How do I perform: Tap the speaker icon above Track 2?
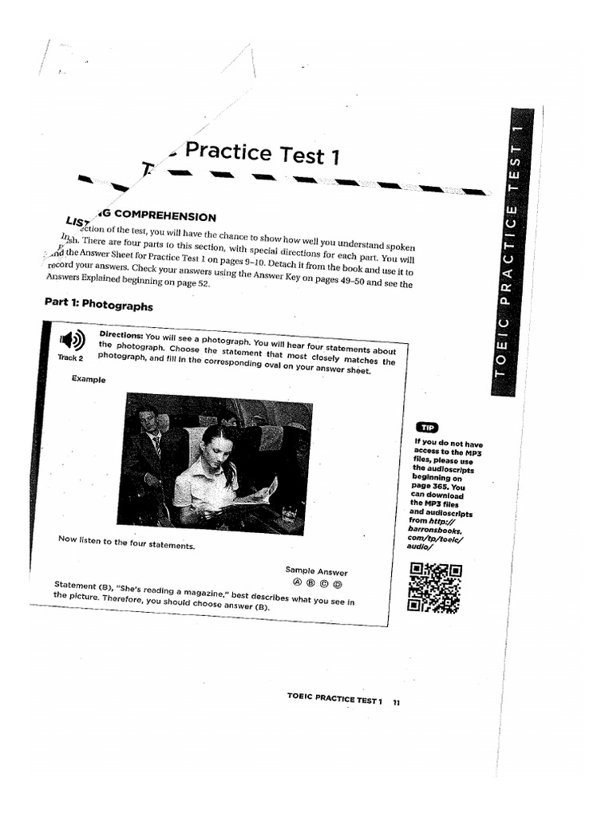72,339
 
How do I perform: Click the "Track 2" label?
70,357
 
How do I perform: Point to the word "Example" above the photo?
89,379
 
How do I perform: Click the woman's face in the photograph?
217,451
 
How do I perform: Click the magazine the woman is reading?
263,491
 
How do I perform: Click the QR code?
434,587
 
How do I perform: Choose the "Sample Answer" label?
316,571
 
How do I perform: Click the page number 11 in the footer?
396,702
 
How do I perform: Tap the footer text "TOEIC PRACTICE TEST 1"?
334,699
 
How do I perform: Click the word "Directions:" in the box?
121,334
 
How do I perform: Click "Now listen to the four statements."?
126,543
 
